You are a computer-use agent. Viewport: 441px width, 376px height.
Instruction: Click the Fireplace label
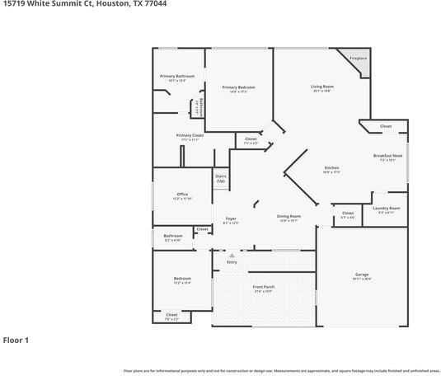click(x=358, y=59)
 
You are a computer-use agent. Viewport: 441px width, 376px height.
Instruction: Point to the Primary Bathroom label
click(x=177, y=77)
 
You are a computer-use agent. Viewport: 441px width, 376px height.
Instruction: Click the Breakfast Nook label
click(x=387, y=156)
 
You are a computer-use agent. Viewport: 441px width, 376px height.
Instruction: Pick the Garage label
click(x=362, y=275)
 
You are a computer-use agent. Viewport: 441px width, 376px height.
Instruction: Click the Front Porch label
click(x=264, y=287)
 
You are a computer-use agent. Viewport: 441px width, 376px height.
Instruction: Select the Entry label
click(x=232, y=261)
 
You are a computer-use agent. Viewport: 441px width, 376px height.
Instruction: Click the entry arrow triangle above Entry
click(x=232, y=255)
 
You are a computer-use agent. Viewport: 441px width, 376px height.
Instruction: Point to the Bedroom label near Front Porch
click(x=182, y=279)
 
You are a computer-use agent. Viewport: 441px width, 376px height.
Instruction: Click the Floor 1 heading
click(x=16, y=340)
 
